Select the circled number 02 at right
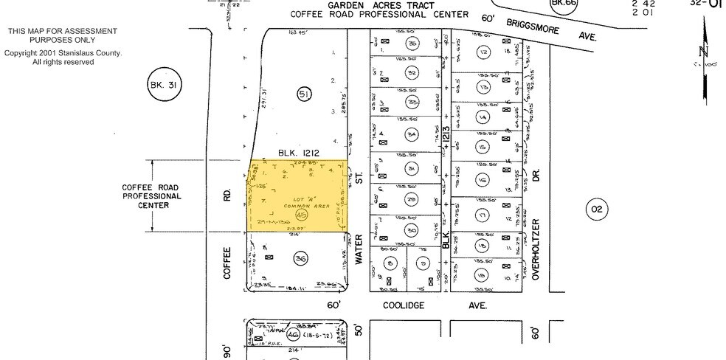595,210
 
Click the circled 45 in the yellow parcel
300,215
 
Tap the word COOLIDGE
403,305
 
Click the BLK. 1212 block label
298,153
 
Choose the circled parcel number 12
483,52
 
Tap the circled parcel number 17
483,215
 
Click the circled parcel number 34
412,134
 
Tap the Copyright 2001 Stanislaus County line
63,53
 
